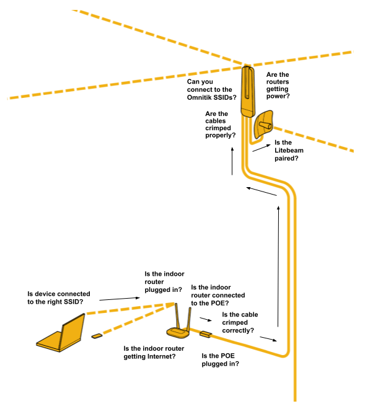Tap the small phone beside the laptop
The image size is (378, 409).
coord(97,336)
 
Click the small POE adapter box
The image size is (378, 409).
coord(206,335)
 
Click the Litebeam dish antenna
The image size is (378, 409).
coord(263,124)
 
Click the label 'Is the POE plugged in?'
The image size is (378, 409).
coord(221,360)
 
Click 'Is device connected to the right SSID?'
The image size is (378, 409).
coord(59,297)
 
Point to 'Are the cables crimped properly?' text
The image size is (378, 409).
coord(219,124)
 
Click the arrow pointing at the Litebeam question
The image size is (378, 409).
coord(261,149)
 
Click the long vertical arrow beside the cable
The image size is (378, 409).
coord(279,266)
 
